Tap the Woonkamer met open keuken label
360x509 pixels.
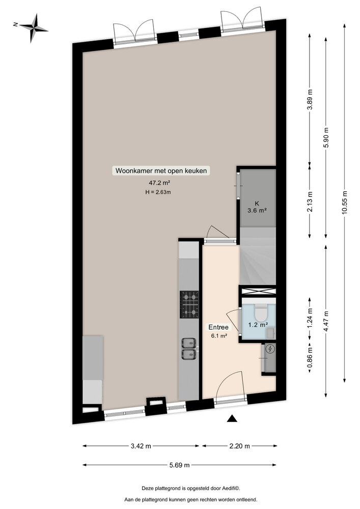pyautogui.click(x=161, y=171)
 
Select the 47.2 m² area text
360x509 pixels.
pyautogui.click(x=159, y=183)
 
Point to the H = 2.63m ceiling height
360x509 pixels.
pyautogui.click(x=159, y=192)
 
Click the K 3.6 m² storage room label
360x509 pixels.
pyautogui.click(x=257, y=206)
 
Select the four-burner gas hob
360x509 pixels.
pyautogui.click(x=190, y=303)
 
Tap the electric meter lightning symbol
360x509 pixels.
pyautogui.click(x=270, y=349)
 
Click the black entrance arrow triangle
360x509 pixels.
pyautogui.click(x=232, y=418)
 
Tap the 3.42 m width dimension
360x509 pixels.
pyautogui.click(x=141, y=446)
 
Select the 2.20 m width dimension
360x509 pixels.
pyautogui.click(x=239, y=446)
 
